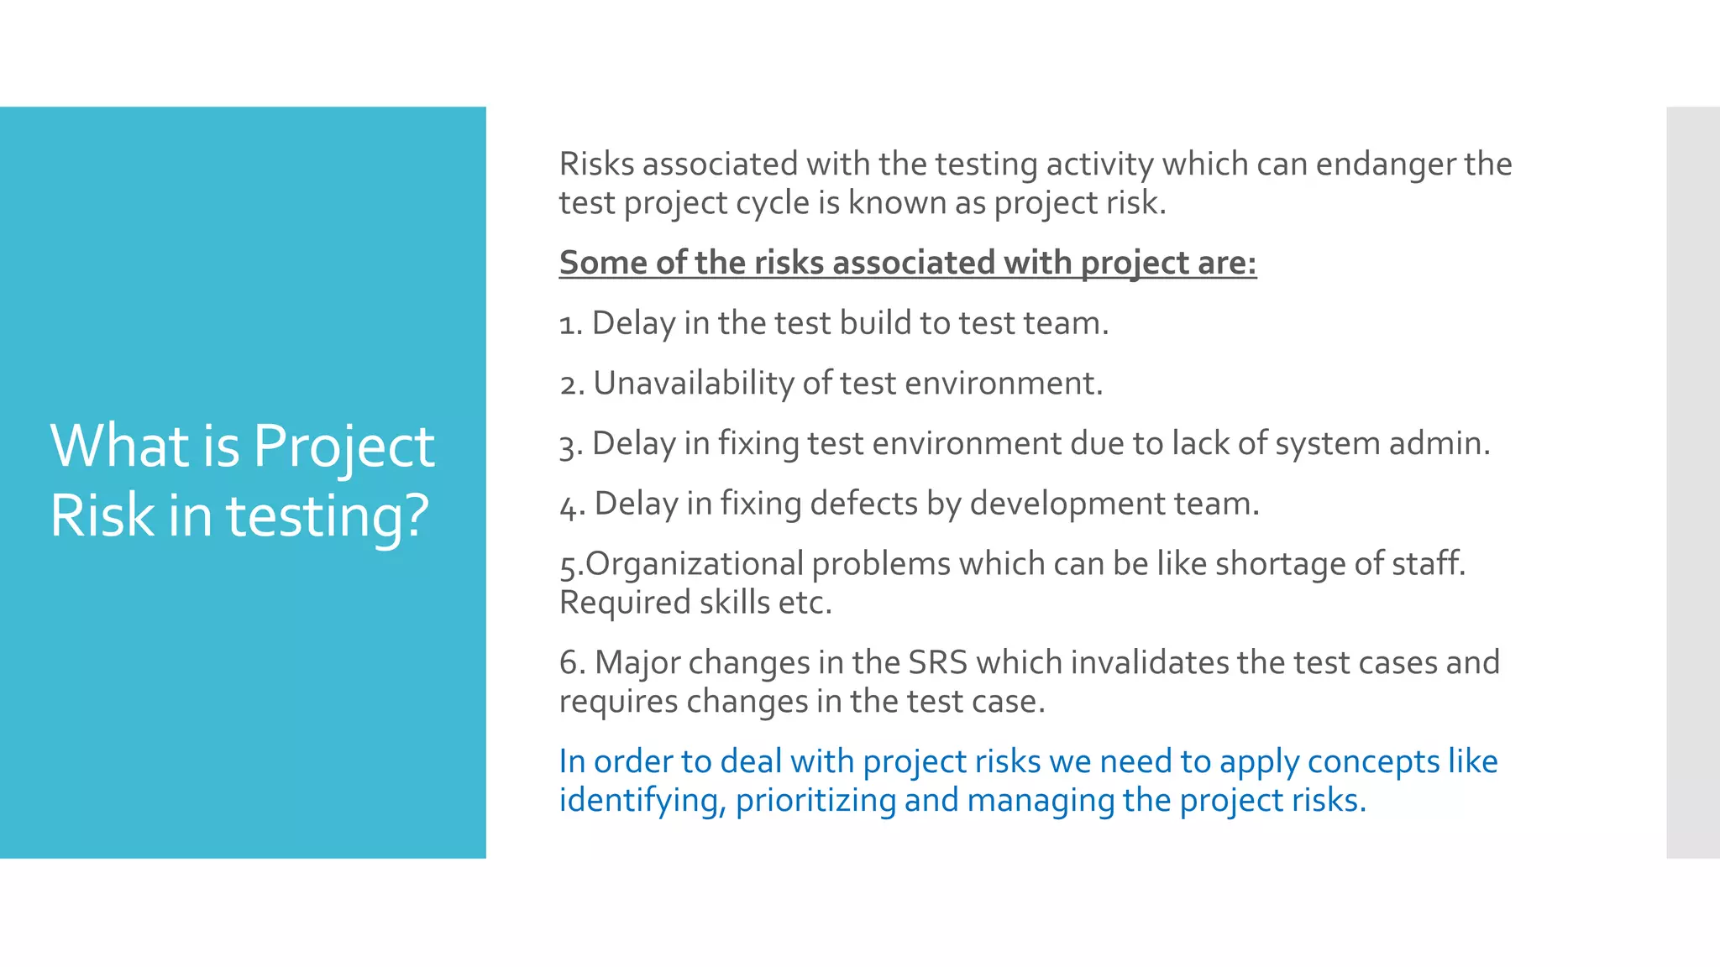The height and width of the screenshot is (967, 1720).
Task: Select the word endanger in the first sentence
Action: pos(1385,164)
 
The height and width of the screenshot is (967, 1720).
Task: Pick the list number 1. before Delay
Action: pos(571,324)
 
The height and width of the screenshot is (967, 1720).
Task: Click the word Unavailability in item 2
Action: pos(693,384)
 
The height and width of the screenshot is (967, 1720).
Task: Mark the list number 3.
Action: pos(571,445)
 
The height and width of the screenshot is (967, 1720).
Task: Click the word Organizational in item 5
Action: pos(695,564)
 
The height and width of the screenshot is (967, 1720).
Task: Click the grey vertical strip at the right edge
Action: pos(1692,483)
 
